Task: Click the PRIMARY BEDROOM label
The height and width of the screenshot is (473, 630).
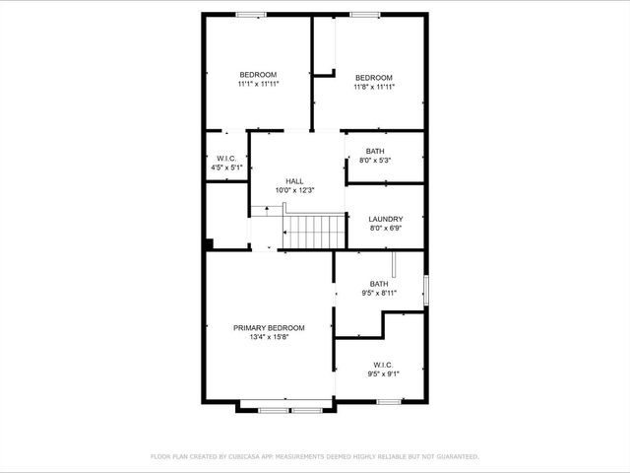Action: point(268,327)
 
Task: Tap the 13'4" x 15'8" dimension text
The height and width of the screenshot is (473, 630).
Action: point(268,337)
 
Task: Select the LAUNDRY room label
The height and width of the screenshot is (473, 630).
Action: point(385,219)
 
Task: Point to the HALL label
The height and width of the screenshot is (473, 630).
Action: point(294,181)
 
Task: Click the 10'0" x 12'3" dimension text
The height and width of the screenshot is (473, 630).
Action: point(294,190)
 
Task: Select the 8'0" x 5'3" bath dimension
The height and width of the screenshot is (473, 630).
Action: point(375,160)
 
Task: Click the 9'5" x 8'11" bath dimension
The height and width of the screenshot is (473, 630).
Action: point(379,293)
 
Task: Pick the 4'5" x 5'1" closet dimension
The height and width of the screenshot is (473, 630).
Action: point(226,168)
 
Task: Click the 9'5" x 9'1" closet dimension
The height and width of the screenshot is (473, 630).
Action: point(383,373)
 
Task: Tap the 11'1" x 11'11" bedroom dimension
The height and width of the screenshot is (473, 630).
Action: point(258,85)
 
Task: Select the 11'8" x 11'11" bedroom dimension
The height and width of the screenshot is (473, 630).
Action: point(374,87)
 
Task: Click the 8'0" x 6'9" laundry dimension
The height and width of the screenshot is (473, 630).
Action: point(385,228)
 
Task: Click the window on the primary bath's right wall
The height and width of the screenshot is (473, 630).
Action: point(426,291)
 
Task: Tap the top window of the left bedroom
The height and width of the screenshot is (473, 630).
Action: point(250,14)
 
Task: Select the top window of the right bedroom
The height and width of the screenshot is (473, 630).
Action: point(365,14)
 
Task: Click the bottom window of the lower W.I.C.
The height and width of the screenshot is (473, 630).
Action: point(388,401)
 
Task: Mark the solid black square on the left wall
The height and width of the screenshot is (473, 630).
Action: point(209,243)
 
